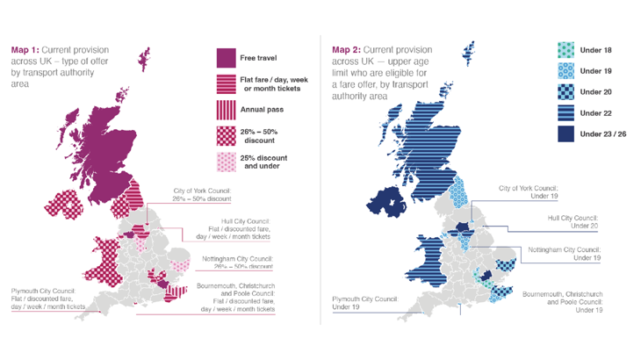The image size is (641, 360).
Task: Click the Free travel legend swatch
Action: point(227,58)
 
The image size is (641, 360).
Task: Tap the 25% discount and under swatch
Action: point(227,161)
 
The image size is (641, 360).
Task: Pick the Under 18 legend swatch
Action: point(566,50)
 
